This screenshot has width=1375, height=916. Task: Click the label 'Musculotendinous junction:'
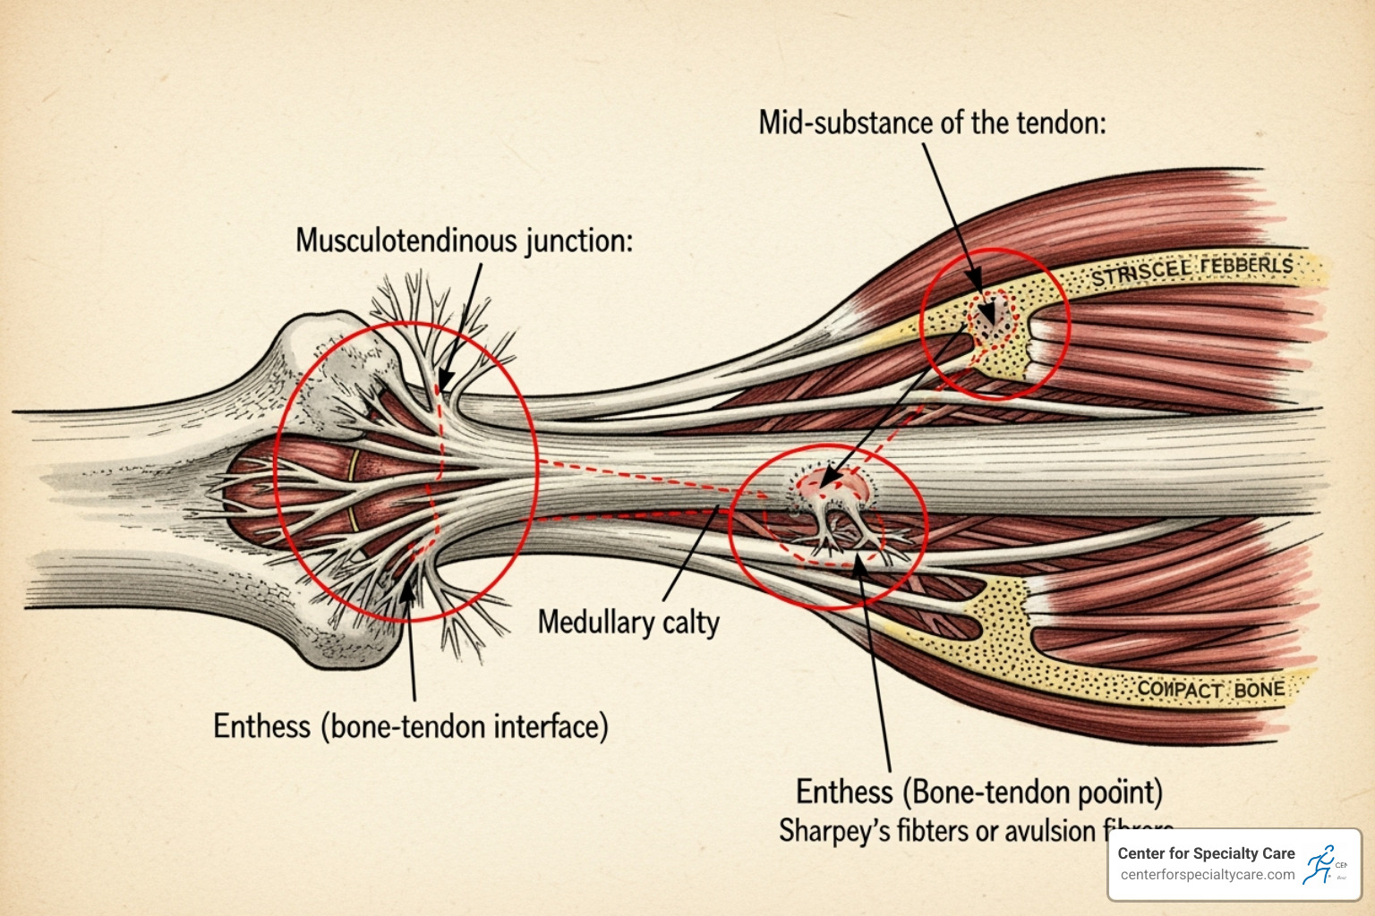click(464, 241)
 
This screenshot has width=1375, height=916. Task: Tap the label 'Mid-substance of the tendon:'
click(932, 123)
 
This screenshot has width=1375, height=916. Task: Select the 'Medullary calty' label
click(628, 622)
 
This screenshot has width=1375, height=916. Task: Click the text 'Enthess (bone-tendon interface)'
click(410, 725)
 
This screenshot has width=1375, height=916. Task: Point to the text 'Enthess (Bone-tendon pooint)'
click(979, 792)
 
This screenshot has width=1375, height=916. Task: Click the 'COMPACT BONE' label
click(1210, 690)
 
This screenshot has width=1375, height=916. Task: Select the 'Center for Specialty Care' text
click(1206, 853)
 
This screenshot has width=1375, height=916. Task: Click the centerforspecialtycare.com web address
click(1207, 875)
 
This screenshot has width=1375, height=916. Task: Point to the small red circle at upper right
click(995, 323)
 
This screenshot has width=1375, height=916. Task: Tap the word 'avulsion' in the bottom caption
click(1049, 831)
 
